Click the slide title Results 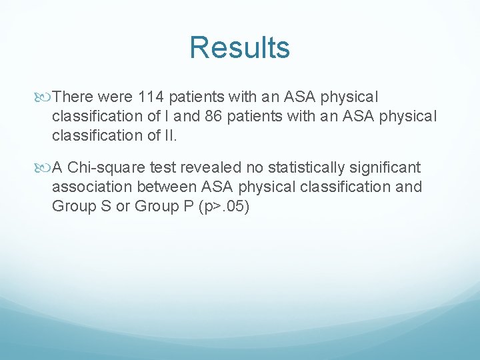(x=239, y=48)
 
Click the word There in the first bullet (x=74, y=97)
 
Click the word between (x=173, y=187)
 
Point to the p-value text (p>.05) (x=223, y=206)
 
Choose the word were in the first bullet (x=116, y=97)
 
